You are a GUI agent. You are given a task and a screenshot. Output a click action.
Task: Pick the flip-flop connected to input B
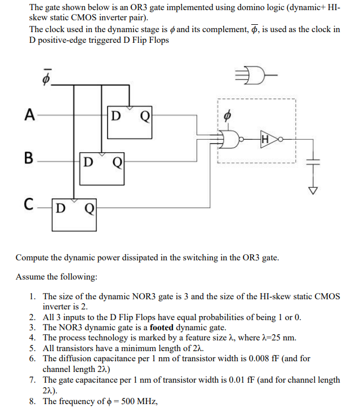[101, 167]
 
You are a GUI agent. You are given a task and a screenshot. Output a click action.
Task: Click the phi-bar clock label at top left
[48, 77]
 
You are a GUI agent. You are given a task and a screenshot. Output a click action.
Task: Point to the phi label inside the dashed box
[228, 114]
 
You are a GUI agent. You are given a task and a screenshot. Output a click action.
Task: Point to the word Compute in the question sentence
[32, 258]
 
